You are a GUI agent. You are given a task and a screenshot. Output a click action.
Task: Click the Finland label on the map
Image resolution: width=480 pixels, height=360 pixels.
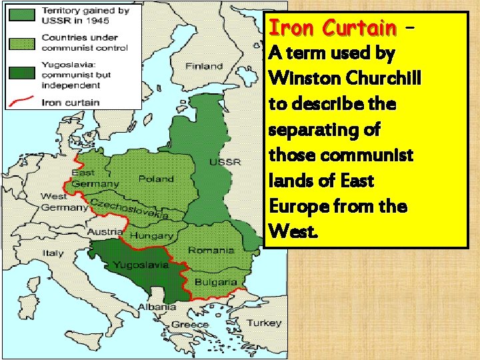pos(204,66)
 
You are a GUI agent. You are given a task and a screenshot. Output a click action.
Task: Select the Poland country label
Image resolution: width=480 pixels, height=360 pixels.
pos(156,179)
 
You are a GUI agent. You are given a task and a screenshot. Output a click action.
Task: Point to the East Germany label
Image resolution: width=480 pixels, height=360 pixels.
pos(95,178)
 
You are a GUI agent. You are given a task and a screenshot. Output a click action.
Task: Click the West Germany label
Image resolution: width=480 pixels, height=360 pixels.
pos(63,202)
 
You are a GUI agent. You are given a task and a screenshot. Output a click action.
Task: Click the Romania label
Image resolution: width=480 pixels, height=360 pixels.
pos(211,250)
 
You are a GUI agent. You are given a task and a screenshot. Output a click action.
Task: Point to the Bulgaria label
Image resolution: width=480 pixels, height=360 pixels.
pos(215,282)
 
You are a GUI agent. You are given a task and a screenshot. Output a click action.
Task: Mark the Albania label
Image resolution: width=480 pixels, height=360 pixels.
pos(157,307)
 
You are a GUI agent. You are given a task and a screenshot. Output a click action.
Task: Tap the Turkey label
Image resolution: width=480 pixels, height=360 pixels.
pos(245,323)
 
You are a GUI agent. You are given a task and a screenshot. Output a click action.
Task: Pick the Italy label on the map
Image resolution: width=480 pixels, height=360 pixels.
pos(53,253)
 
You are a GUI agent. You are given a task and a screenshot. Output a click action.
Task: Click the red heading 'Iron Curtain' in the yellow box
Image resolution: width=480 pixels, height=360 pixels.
pos(331,28)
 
